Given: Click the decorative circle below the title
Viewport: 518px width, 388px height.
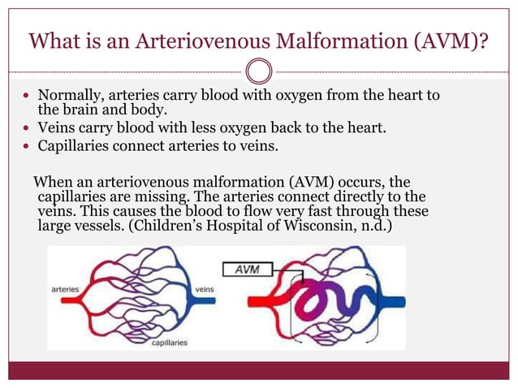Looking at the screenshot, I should pyautogui.click(x=258, y=71).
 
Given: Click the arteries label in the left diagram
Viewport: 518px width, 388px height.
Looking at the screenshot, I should pyautogui.click(x=65, y=288).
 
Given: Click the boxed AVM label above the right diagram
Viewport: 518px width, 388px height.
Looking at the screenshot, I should pyautogui.click(x=248, y=269).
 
